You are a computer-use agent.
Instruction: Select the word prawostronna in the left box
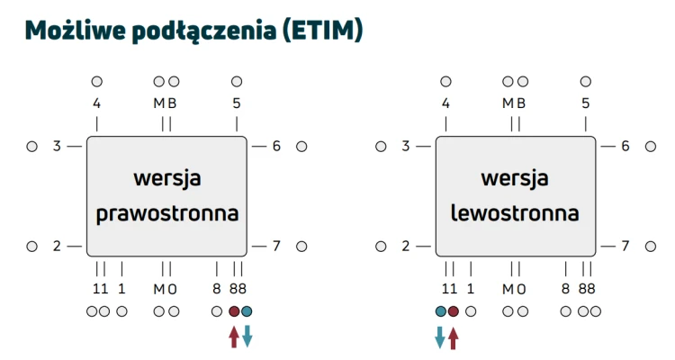(x=167, y=213)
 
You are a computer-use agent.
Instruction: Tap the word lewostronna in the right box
(x=515, y=212)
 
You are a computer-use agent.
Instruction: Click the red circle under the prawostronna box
(x=234, y=311)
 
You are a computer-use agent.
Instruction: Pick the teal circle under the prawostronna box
(x=247, y=311)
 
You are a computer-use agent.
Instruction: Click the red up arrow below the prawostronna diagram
(x=234, y=337)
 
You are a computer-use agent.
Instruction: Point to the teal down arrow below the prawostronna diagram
(x=247, y=337)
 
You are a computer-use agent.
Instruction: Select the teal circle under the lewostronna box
(x=441, y=311)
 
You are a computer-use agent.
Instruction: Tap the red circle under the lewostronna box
(x=454, y=311)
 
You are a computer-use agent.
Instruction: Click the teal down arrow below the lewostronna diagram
(x=440, y=337)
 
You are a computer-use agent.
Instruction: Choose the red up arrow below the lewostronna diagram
(x=453, y=337)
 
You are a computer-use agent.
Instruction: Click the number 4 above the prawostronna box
(x=97, y=103)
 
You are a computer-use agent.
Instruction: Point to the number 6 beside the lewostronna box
(x=625, y=147)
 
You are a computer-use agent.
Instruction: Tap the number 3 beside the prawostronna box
(x=57, y=147)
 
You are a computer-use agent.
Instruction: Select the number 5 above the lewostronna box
(x=586, y=103)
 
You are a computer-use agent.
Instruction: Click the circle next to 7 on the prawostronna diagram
(x=301, y=247)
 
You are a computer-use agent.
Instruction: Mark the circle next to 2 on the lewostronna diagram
(x=381, y=247)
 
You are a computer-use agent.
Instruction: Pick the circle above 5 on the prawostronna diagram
(x=237, y=81)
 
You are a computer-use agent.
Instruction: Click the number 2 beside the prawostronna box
(x=57, y=247)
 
